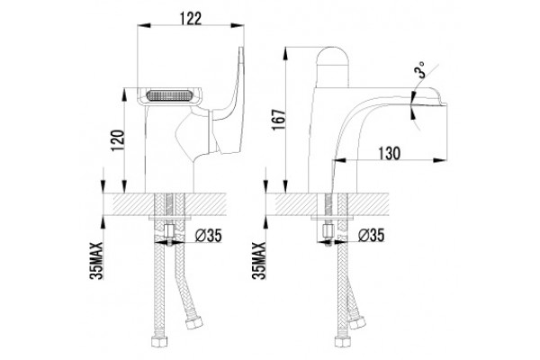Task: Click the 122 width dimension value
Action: [x=191, y=18]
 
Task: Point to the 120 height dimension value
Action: [x=117, y=141]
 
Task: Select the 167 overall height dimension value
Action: [x=279, y=120]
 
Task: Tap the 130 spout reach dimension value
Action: [x=390, y=153]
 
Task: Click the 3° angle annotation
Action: [x=421, y=70]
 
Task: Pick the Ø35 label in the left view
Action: [x=209, y=236]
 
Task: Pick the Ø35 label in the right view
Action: [x=371, y=236]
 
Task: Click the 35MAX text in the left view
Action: [x=97, y=260]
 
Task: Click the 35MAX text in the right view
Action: [x=259, y=260]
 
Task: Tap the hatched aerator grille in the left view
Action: [x=169, y=95]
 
